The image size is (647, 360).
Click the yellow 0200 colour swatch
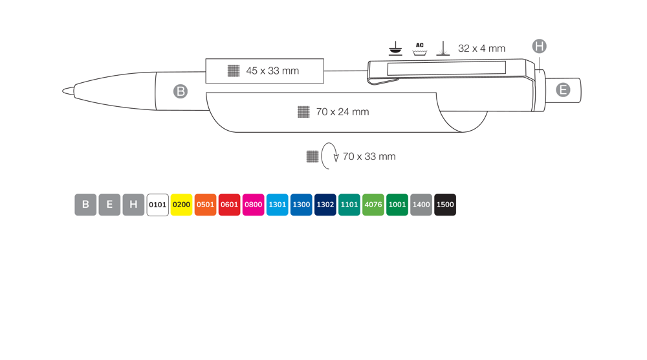182,205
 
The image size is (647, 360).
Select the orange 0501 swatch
206,205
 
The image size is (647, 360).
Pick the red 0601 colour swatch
230,205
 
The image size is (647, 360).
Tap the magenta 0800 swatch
254,205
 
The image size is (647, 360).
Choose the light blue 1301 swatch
278,205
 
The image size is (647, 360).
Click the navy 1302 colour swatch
325,205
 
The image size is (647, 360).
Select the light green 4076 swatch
373,205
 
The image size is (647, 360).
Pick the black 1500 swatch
445,205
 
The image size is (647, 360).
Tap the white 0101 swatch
158,205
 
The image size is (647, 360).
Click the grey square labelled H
134,205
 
